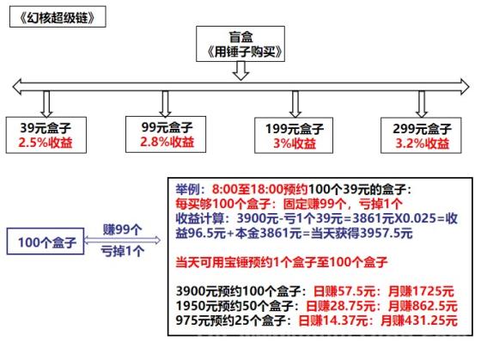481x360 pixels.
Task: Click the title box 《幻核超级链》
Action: [58, 17]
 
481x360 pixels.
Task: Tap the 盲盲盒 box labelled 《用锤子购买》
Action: [240, 44]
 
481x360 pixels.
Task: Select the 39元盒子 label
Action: [46, 127]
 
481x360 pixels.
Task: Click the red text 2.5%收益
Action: [46, 143]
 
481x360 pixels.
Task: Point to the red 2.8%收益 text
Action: [167, 142]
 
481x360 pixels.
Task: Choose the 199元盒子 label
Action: [295, 129]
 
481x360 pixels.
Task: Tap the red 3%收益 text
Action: [295, 143]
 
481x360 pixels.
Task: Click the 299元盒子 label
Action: [422, 129]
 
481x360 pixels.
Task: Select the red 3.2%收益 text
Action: [422, 143]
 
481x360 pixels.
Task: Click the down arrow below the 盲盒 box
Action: [240, 71]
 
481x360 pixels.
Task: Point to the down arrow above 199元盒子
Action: [295, 104]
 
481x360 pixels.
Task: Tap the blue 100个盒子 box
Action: [46, 241]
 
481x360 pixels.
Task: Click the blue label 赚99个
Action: [122, 229]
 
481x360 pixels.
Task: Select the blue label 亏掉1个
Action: [122, 252]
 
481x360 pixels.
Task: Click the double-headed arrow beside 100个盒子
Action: [122, 240]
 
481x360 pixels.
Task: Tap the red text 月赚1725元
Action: [421, 291]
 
